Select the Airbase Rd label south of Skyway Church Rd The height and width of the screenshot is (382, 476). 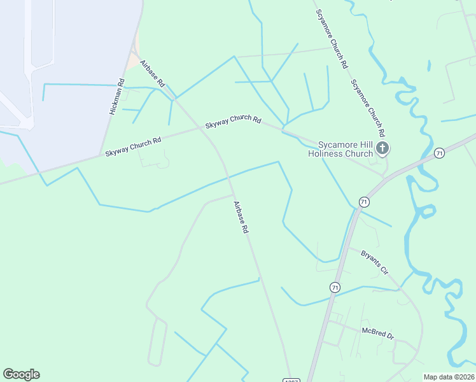tap(240, 217)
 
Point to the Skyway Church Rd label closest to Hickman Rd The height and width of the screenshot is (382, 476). tap(133, 146)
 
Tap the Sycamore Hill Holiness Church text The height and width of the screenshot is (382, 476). tap(340, 149)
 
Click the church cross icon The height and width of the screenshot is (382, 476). tap(382, 149)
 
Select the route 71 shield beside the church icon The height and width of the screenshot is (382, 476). tap(438, 153)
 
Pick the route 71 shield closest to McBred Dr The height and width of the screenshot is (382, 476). tap(335, 288)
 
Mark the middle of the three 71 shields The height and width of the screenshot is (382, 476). tap(363, 201)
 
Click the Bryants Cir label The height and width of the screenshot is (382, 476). tap(374, 261)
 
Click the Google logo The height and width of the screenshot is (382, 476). tap(21, 374)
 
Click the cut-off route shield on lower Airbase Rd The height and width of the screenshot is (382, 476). tap(290, 379)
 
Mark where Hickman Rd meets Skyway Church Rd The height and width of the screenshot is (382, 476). tap(101, 154)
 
